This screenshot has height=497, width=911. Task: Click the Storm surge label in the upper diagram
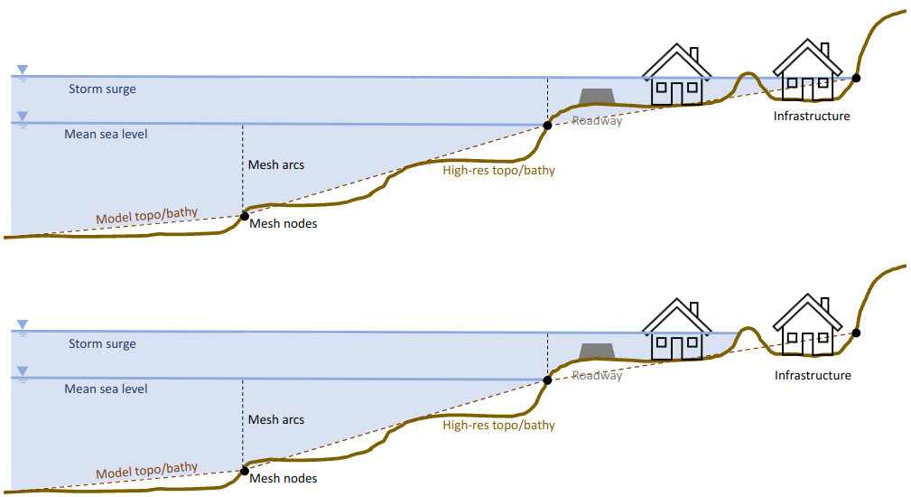[102, 89]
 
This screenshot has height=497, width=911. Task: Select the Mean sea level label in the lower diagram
[106, 389]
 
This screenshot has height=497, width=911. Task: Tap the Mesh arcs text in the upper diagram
[276, 165]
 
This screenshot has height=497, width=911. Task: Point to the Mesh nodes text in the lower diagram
[284, 478]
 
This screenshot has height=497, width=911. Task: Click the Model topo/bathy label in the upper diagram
[146, 216]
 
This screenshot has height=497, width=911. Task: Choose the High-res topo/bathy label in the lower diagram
[498, 425]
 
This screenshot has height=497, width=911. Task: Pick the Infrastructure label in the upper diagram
[812, 116]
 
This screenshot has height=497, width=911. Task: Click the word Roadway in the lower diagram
[597, 376]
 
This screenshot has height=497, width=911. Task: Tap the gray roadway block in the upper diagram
[596, 97]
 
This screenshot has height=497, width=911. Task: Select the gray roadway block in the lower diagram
[596, 351]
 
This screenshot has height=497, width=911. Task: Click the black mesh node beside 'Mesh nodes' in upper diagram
[245, 216]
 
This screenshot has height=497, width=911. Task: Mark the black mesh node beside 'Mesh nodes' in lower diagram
[245, 471]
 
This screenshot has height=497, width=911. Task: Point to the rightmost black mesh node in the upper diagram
[856, 78]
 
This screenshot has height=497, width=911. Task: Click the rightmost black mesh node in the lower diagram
[856, 333]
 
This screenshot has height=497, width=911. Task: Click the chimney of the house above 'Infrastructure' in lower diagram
[824, 305]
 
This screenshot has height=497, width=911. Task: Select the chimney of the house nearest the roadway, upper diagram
[693, 54]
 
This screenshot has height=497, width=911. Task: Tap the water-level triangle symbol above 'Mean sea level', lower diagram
[23, 370]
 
